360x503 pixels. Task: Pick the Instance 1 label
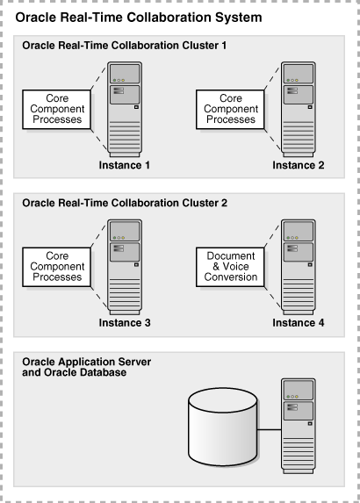[123, 165]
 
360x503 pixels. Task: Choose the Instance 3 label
[123, 323]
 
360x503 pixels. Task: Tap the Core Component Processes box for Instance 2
[231, 109]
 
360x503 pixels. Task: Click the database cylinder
[223, 430]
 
